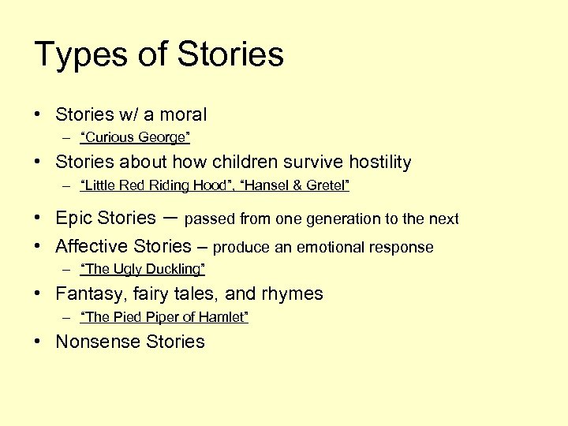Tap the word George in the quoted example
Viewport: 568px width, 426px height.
click(x=163, y=138)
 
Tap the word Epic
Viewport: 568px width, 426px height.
click(x=73, y=219)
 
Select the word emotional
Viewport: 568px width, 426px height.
click(x=334, y=248)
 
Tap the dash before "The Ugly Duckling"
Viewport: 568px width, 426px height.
click(x=68, y=270)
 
